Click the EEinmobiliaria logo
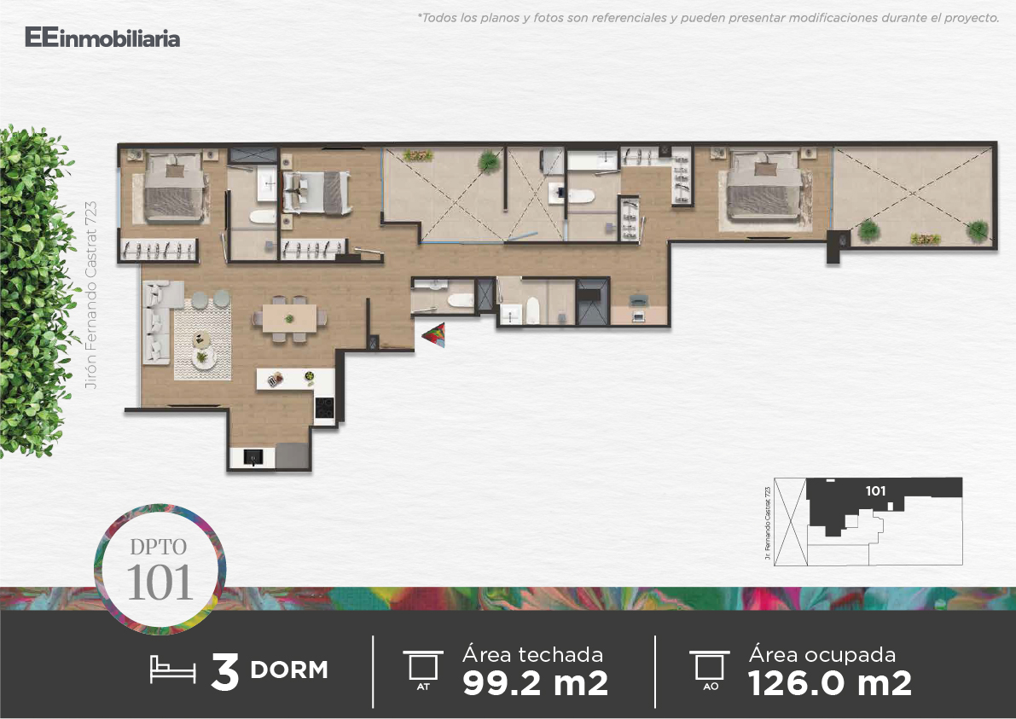click(x=102, y=38)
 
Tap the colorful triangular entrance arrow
click(x=435, y=334)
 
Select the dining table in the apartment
click(x=290, y=318)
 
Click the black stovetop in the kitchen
click(x=324, y=408)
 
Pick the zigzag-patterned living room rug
click(x=202, y=339)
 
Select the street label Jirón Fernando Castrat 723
click(x=90, y=295)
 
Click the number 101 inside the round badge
click(x=160, y=583)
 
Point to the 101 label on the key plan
click(x=875, y=491)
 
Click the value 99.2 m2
click(x=535, y=683)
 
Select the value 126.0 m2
click(x=829, y=683)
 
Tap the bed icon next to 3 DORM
click(x=172, y=670)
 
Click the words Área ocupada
click(x=822, y=654)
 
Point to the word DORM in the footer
click(x=289, y=670)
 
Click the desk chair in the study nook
click(x=638, y=300)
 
